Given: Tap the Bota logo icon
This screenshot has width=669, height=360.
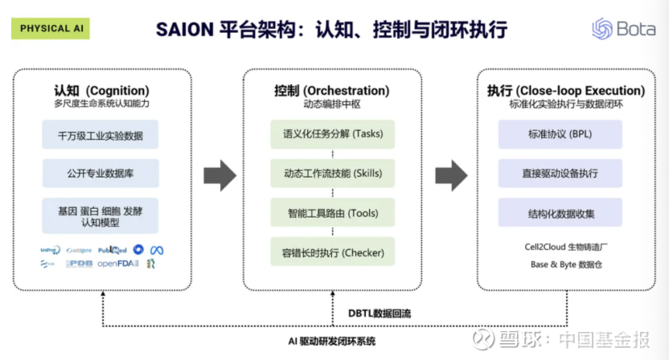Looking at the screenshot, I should point(601,29).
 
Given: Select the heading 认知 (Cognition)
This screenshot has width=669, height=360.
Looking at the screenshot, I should point(101,90).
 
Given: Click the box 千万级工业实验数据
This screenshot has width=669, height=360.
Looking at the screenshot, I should point(101,135).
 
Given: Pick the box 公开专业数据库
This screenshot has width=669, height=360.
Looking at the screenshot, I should point(101,173).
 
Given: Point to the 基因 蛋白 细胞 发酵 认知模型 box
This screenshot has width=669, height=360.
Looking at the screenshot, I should point(101,215).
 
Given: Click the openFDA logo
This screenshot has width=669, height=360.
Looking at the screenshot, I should point(120,264).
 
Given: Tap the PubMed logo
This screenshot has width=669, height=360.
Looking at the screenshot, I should point(112,250).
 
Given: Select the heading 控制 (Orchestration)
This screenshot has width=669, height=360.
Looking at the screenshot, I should point(331,90).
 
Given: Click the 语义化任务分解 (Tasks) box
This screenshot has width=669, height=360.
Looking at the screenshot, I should point(333,133).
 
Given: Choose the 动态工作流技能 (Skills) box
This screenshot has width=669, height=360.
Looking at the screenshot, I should point(333,174).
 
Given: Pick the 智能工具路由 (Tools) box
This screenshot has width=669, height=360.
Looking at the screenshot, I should point(333,213).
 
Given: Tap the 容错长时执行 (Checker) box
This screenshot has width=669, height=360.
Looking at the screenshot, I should point(333,253).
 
